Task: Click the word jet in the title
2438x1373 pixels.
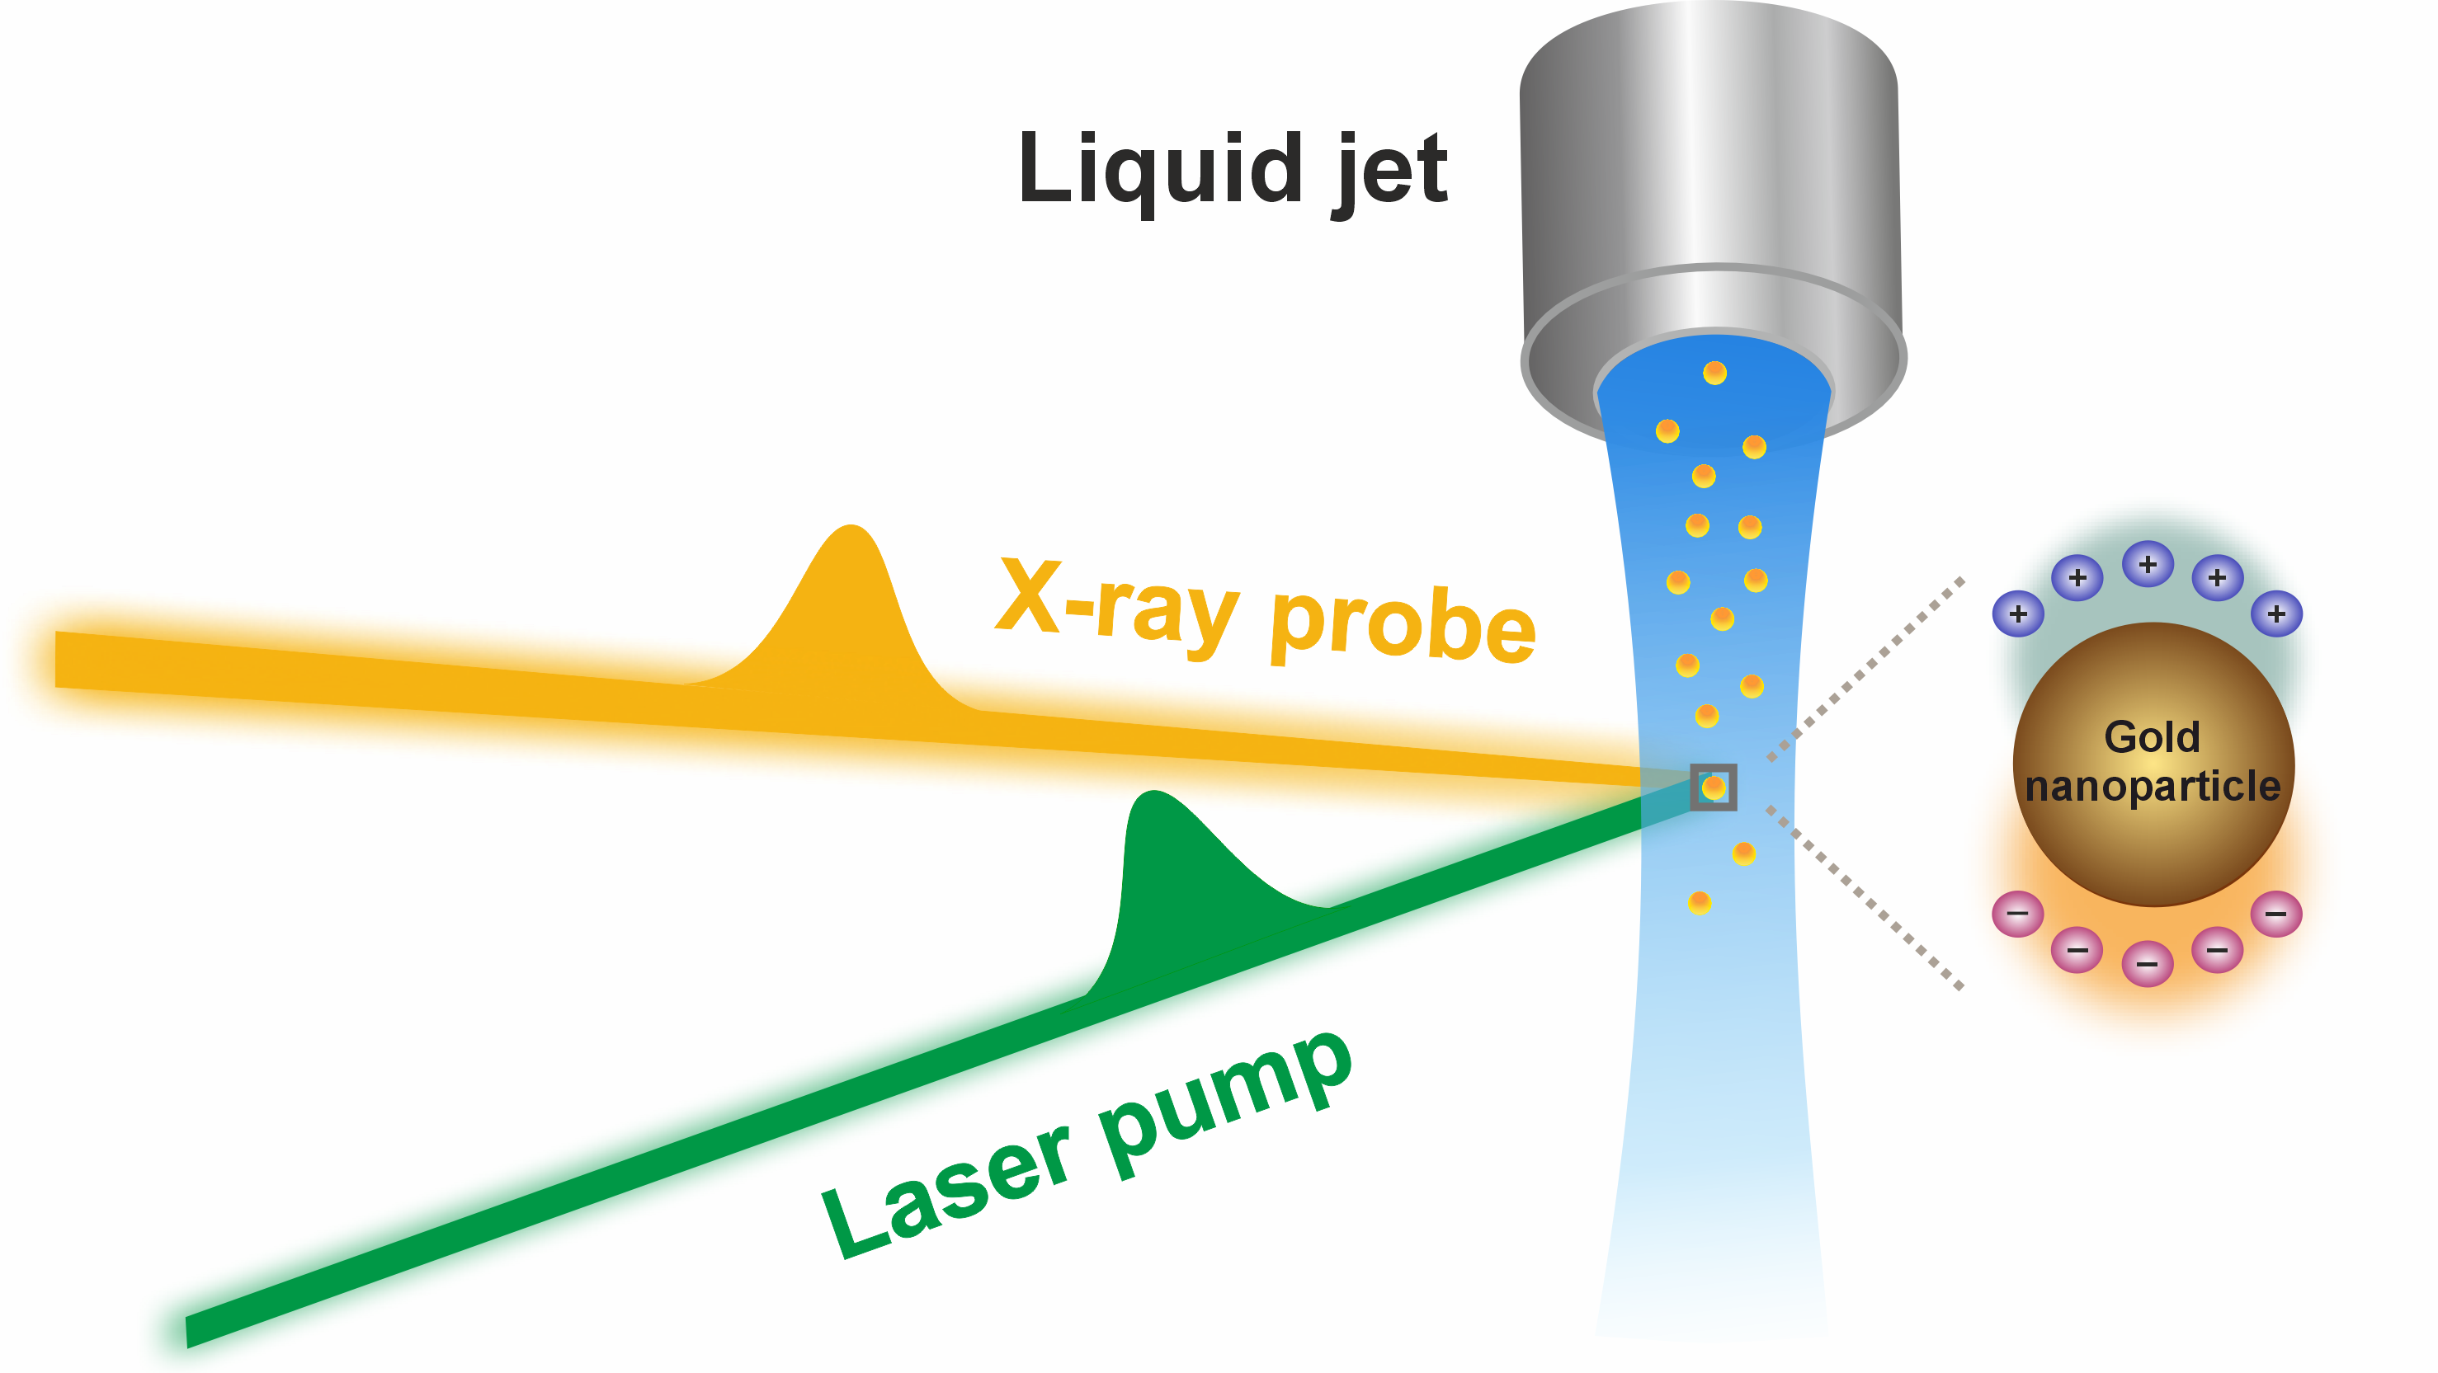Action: pos(1391,171)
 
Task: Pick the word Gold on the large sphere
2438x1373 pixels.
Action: pos(2153,737)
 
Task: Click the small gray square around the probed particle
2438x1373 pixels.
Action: pos(1713,788)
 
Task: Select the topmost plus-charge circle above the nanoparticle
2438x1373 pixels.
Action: pos(2148,565)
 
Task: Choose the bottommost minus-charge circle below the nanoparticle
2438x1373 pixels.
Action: pos(2148,964)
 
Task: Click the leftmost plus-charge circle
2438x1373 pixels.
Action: pos(2018,614)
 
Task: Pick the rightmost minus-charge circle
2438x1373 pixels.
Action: pos(2276,914)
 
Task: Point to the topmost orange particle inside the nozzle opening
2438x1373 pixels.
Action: pos(1715,373)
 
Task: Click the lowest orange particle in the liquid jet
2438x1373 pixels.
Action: pos(1700,903)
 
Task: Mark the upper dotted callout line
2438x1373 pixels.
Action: pos(1865,668)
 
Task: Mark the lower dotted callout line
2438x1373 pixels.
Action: pos(1865,899)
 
